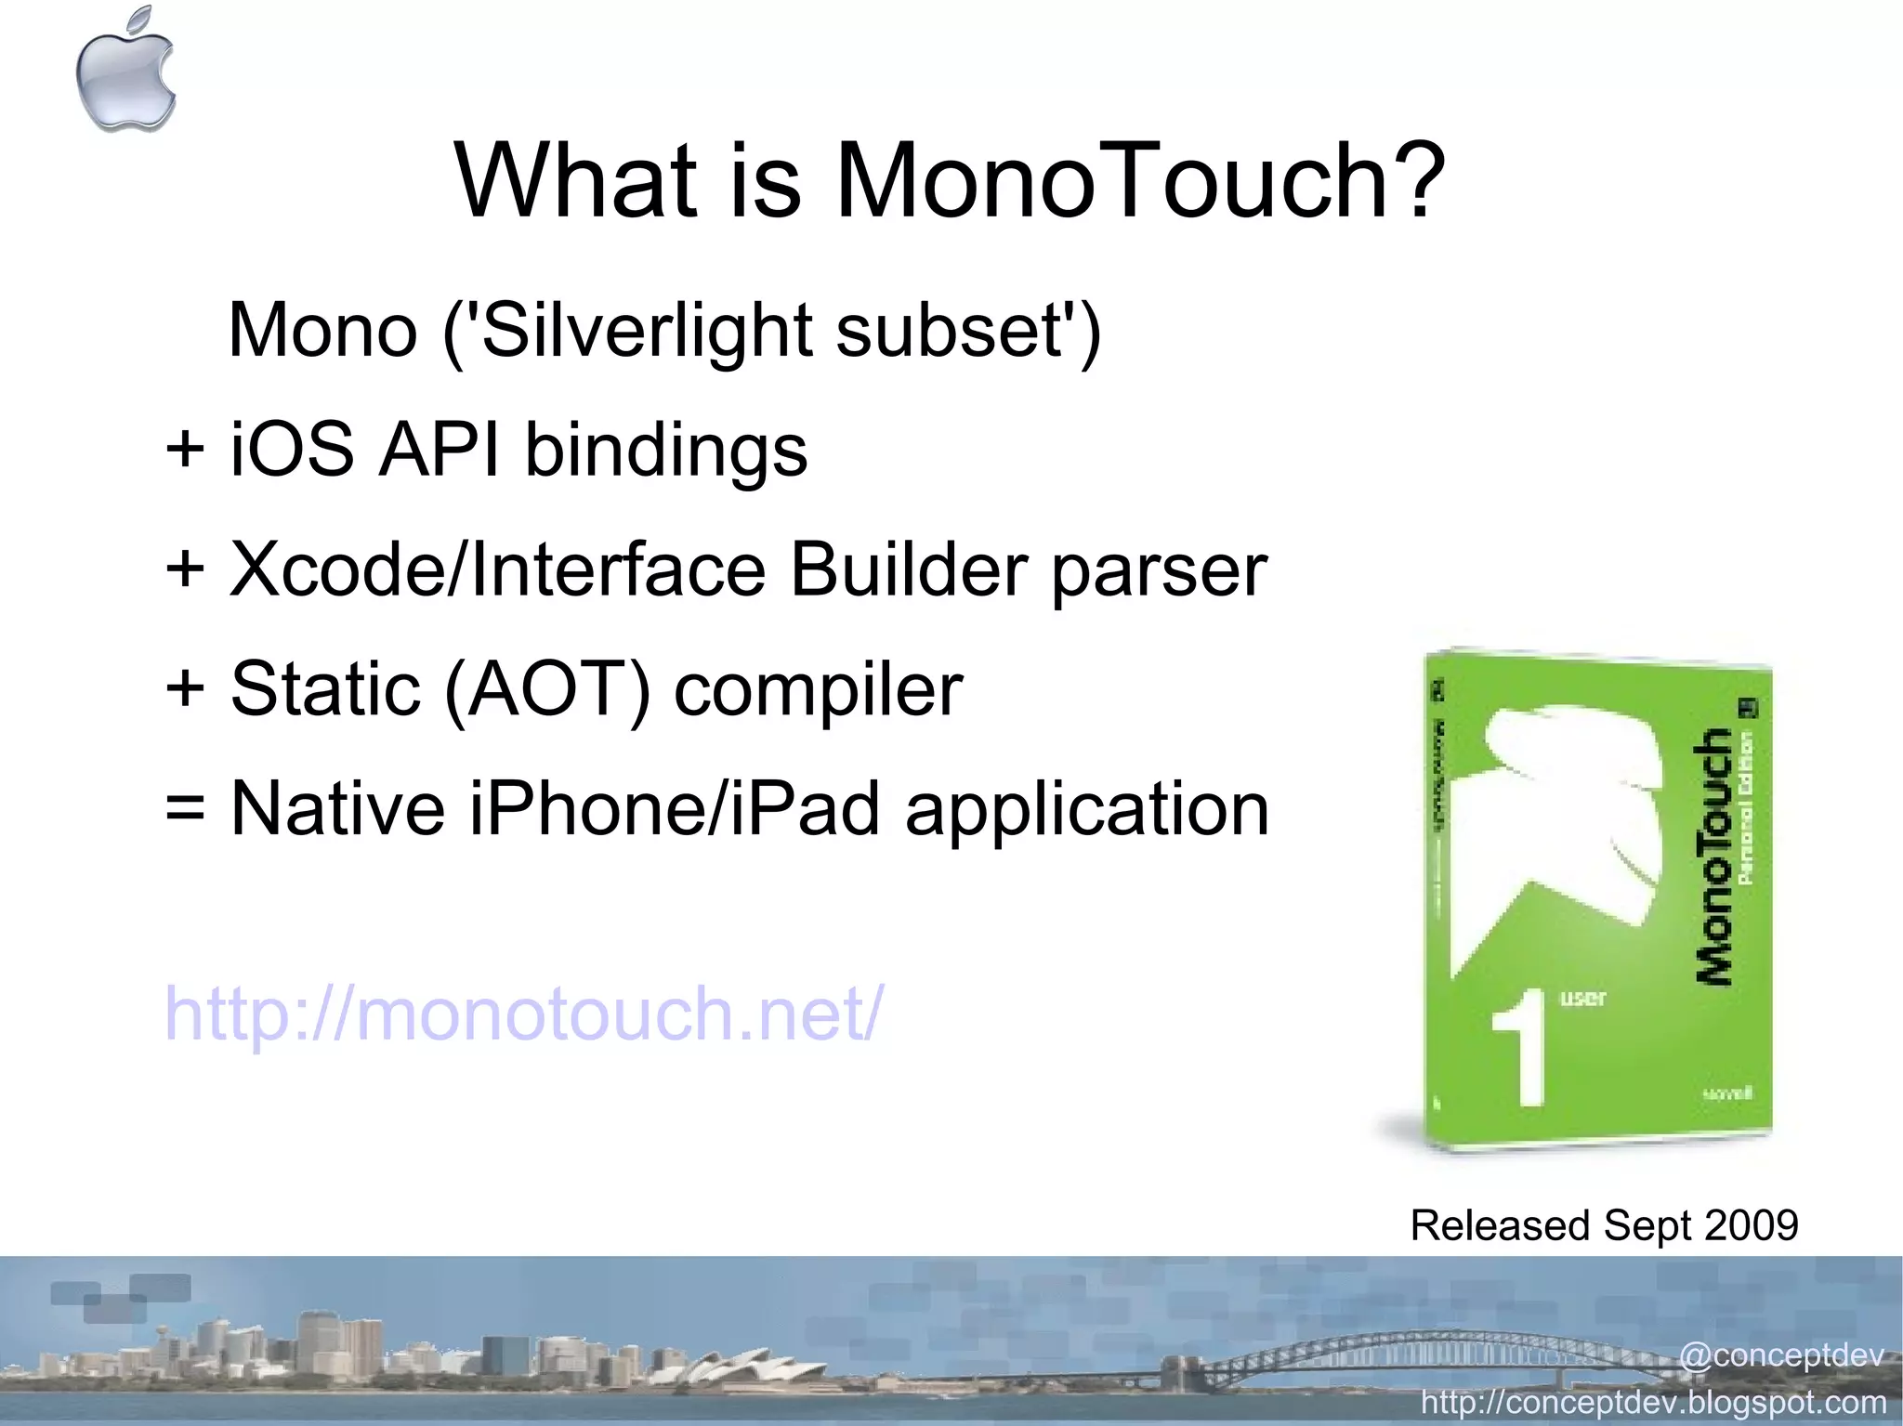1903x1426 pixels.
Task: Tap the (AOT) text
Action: pyautogui.click(x=547, y=689)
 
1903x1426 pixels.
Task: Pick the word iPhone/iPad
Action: pyautogui.click(x=675, y=808)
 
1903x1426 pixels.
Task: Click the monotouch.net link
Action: pyautogui.click(x=524, y=1014)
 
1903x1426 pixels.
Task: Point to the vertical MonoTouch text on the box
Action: pyautogui.click(x=1712, y=855)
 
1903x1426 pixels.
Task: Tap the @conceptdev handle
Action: pyautogui.click(x=1780, y=1355)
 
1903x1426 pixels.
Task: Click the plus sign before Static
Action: pyautogui.click(x=185, y=689)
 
